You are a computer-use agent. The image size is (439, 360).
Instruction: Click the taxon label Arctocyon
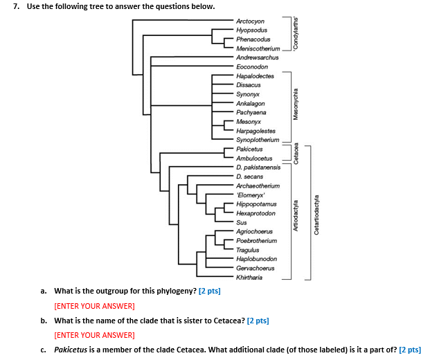[250, 21]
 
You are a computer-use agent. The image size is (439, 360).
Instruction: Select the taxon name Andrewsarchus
[257, 57]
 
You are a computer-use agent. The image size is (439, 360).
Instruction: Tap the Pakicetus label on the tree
[249, 149]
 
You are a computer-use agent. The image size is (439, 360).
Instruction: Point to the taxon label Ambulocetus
[253, 159]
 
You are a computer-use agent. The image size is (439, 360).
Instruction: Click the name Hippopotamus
[256, 204]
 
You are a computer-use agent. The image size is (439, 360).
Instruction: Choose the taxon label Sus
[241, 222]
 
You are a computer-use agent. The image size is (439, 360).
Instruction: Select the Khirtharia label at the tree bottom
[250, 278]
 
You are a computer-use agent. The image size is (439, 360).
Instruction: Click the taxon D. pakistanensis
[258, 168]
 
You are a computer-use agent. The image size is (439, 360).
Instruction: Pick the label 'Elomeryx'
[251, 195]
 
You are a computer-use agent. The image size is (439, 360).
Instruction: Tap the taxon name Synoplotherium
[258, 140]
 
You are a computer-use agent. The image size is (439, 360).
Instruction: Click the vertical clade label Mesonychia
[296, 104]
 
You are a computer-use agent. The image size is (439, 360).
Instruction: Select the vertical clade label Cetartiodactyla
[317, 215]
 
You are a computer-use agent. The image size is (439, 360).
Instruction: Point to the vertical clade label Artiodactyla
[296, 215]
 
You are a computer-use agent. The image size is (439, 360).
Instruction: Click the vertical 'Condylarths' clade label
[296, 31]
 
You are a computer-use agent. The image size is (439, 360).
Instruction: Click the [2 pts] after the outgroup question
[209, 291]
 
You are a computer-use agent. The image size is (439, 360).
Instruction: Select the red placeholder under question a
[94, 305]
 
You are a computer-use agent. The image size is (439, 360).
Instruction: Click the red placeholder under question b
[94, 335]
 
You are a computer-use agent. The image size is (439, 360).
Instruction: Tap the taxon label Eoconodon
[252, 66]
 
